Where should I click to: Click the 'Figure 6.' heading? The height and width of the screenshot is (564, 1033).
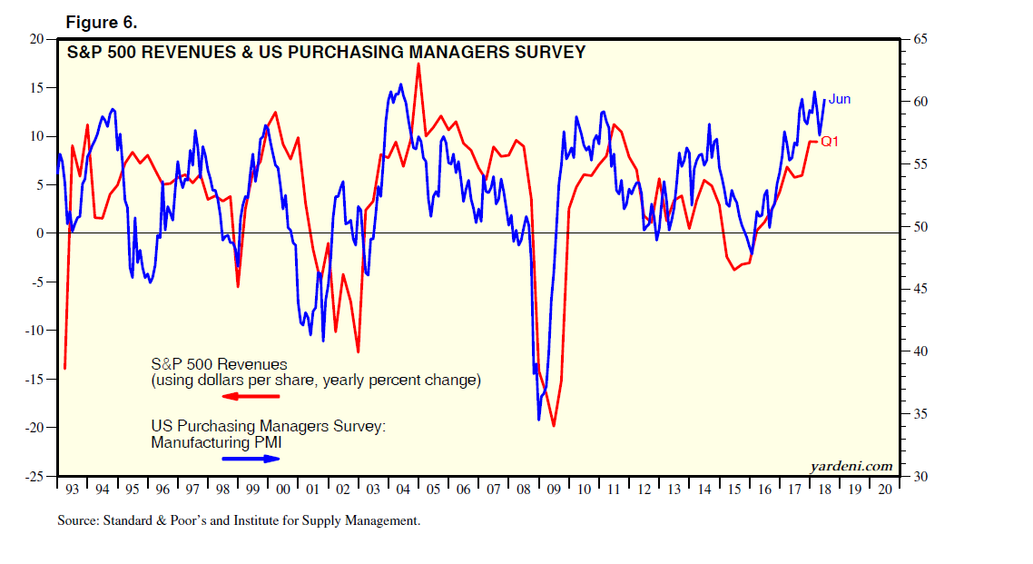click(x=102, y=23)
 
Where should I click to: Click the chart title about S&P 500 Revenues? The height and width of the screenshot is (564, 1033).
click(x=326, y=53)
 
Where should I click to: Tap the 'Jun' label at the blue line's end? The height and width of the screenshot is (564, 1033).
click(x=840, y=99)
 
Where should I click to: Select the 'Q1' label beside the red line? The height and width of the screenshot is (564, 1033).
click(x=830, y=142)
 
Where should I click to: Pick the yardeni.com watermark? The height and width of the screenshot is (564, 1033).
click(x=851, y=466)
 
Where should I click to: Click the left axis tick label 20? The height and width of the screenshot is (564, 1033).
click(x=37, y=39)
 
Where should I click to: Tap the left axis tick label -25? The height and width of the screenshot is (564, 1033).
click(x=34, y=476)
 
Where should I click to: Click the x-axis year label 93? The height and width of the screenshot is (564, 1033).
click(x=73, y=490)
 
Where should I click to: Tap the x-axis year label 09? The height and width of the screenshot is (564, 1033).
click(x=553, y=490)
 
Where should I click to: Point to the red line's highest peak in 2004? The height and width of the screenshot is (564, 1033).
click(x=418, y=64)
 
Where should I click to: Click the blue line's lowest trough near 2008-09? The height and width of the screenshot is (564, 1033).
click(x=538, y=420)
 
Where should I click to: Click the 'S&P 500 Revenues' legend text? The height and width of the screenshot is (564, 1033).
click(x=219, y=364)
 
